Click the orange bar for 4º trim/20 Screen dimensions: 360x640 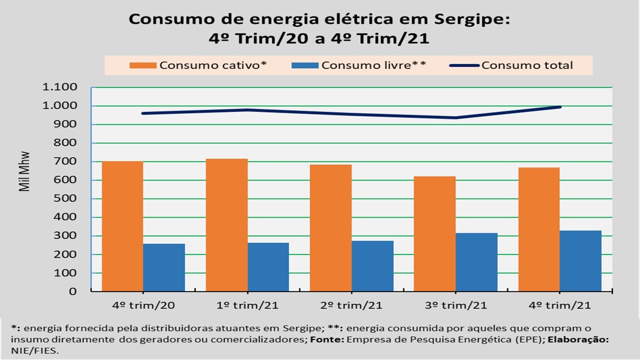(122, 226)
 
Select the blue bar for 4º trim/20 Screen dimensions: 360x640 (164, 267)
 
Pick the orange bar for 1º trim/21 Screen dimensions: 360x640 (226, 224)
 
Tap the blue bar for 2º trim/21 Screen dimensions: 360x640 (372, 265)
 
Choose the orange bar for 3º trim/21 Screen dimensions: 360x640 (434, 233)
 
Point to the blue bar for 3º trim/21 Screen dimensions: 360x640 (476, 261)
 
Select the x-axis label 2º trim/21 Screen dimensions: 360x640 (351, 305)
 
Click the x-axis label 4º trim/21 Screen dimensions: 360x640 (559, 305)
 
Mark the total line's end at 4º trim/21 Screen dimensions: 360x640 (560, 106)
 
